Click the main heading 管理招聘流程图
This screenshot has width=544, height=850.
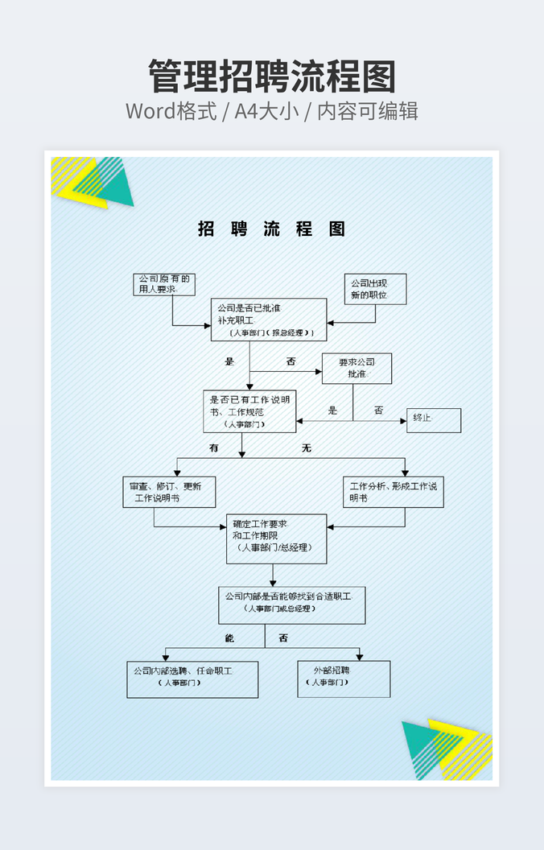(x=272, y=76)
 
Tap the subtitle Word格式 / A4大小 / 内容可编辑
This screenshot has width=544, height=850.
(x=272, y=111)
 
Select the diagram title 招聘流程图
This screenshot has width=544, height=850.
(x=272, y=229)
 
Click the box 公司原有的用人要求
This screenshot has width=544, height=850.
(x=164, y=284)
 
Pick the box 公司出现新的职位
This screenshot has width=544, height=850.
(x=376, y=289)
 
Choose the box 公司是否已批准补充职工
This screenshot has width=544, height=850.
(x=269, y=320)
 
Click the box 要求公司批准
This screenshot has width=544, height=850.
(x=356, y=368)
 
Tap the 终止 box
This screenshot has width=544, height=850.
(x=433, y=420)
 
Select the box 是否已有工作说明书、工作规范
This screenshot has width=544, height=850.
(x=249, y=411)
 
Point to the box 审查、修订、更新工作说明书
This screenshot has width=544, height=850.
(x=169, y=492)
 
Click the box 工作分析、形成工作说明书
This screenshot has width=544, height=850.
(x=394, y=492)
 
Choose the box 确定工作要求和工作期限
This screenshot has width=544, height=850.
(x=276, y=538)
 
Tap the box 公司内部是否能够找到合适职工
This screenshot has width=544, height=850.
(x=291, y=604)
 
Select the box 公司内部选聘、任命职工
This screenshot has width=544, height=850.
(x=192, y=679)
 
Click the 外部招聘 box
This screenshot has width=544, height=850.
(x=344, y=679)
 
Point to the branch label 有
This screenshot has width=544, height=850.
(x=214, y=448)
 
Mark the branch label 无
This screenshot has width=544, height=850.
(x=307, y=448)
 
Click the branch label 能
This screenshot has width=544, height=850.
(x=229, y=638)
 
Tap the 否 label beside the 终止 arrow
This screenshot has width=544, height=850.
(x=378, y=411)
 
